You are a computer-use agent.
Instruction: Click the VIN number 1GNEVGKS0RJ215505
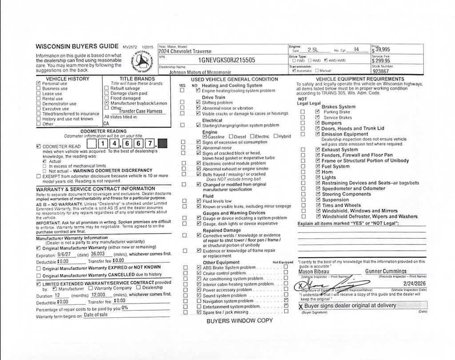click(x=227, y=60)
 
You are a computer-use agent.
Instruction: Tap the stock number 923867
click(x=381, y=71)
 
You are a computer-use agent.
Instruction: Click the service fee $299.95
click(x=381, y=61)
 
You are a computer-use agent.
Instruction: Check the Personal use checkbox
click(x=38, y=83)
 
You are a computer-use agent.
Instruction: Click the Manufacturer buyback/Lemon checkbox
click(x=107, y=103)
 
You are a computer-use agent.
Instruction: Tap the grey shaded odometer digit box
click(x=163, y=144)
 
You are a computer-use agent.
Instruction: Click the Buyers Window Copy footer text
click(x=239, y=320)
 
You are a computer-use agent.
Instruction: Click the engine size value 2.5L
click(x=313, y=50)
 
